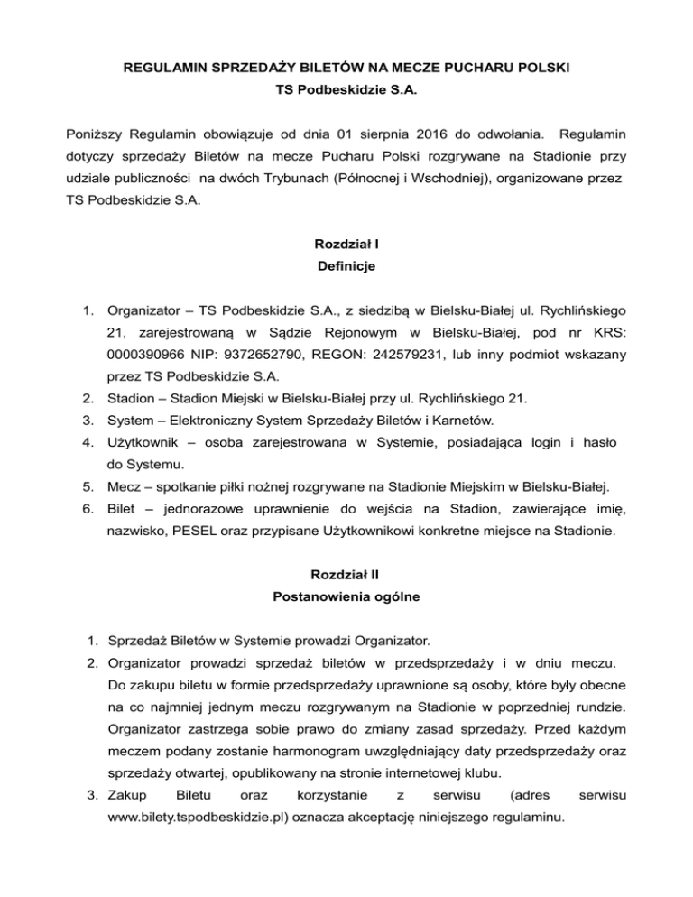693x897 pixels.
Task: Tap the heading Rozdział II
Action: pyautogui.click(x=346, y=573)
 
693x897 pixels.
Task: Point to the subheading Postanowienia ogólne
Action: pyautogui.click(x=346, y=596)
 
